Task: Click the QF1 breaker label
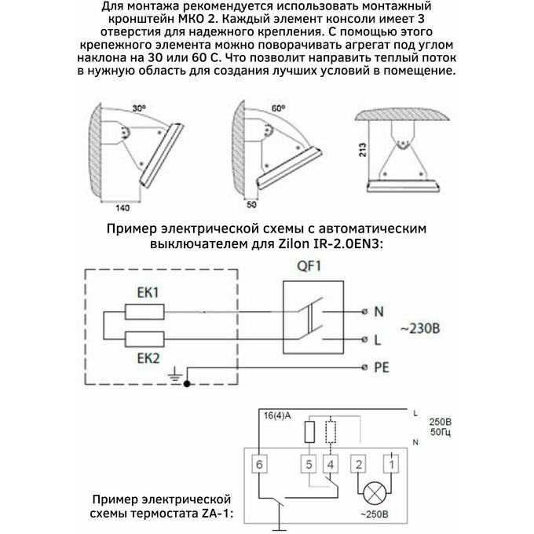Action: click(x=307, y=267)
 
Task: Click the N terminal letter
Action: click(x=379, y=312)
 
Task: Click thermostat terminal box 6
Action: click(x=258, y=463)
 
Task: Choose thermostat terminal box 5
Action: click(x=310, y=463)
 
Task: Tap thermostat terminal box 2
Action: click(x=359, y=463)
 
